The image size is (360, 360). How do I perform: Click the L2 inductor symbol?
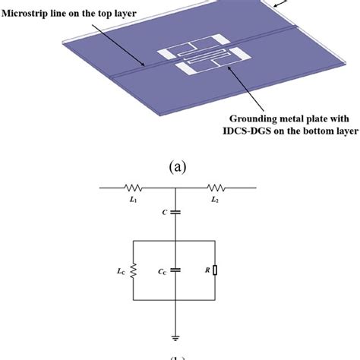(x=219, y=186)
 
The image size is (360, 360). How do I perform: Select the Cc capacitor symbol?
(x=175, y=269)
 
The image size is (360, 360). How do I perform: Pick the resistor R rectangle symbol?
(x=217, y=270)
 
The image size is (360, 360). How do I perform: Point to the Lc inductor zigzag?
(x=134, y=270)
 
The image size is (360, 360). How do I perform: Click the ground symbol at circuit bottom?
(x=175, y=339)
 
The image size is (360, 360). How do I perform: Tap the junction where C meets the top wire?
(x=175, y=186)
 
